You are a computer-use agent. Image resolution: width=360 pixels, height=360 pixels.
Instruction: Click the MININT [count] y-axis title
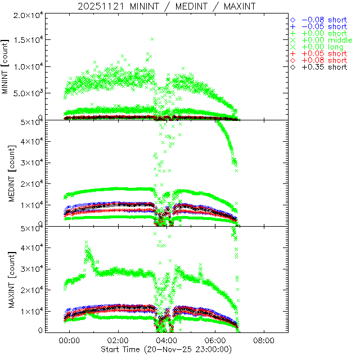tap(6, 67)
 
